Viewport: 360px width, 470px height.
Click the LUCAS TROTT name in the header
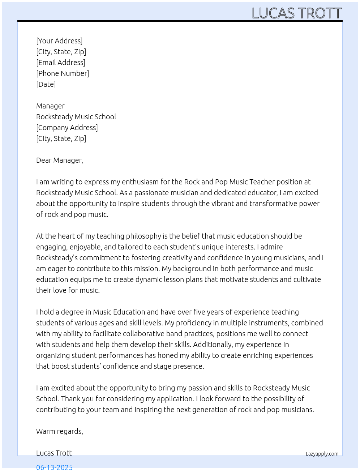point(296,13)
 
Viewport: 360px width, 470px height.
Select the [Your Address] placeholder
point(59,41)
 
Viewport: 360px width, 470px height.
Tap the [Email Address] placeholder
point(61,63)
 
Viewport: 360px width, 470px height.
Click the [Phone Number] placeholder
point(63,73)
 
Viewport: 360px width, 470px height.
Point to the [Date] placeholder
point(46,84)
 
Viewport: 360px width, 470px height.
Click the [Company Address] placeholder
point(67,128)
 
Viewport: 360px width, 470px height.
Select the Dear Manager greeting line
point(60,160)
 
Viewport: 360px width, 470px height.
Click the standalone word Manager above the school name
point(50,106)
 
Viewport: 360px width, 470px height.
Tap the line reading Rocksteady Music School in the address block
point(76,117)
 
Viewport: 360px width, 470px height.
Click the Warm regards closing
point(60,431)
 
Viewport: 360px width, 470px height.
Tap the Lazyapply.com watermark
point(322,454)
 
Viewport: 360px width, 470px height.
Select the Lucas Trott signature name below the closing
point(54,453)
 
